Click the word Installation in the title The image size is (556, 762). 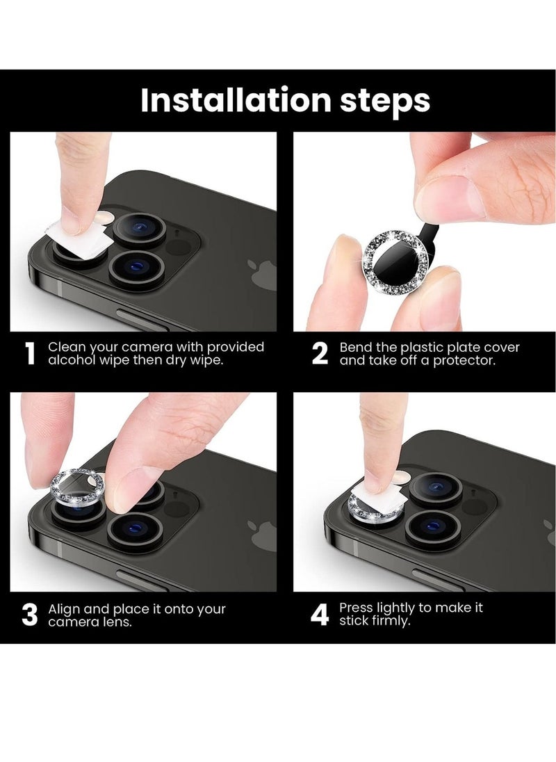click(x=236, y=100)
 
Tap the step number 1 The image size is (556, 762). click(x=30, y=353)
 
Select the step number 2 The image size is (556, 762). click(x=320, y=353)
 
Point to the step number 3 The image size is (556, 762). click(x=30, y=615)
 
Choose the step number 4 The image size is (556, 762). click(x=320, y=615)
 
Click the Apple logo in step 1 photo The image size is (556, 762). click(x=263, y=275)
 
